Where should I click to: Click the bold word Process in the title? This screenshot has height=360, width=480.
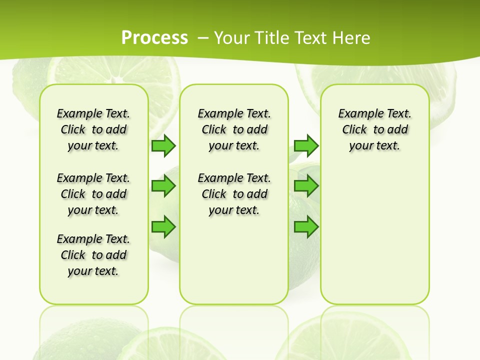154,37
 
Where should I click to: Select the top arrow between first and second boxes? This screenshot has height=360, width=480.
163,145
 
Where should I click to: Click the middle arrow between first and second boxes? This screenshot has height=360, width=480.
163,186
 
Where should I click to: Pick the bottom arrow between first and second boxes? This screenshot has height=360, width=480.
163,227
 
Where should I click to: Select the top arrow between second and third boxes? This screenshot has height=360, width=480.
306,145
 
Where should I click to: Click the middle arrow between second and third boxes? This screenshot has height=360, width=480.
306,186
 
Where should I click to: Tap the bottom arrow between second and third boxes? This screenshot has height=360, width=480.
306,227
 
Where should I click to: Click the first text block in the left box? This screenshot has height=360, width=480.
93,129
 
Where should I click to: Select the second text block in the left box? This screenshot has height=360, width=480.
93,194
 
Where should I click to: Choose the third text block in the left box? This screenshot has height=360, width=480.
93,255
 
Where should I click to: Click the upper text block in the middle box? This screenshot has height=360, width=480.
234,129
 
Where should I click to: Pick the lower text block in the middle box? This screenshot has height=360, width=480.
234,194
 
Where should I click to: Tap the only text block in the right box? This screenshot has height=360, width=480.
374,129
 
